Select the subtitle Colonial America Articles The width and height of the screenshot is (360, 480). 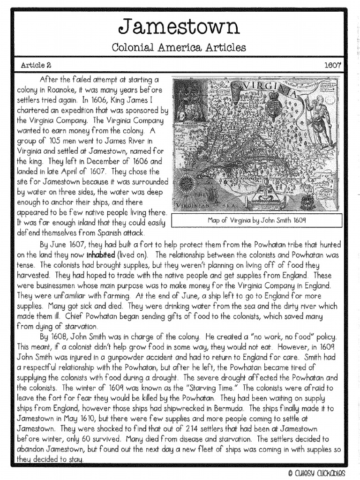(180, 47)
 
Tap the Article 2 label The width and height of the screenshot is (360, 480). (36, 65)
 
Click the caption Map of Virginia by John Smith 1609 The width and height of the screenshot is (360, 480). (256, 219)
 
